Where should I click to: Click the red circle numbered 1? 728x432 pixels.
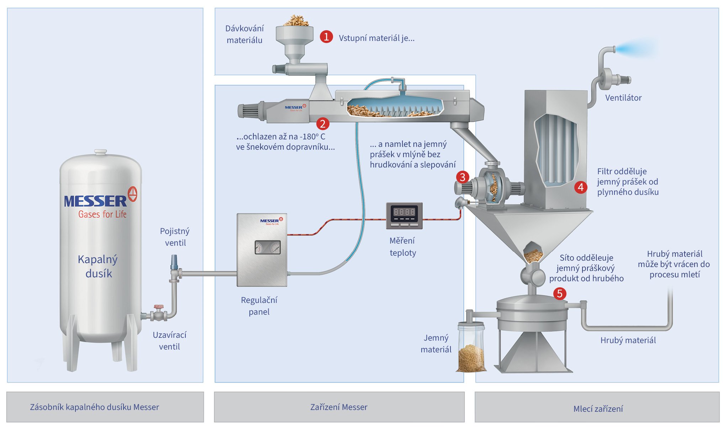click(x=326, y=37)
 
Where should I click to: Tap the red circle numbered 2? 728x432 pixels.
click(x=323, y=124)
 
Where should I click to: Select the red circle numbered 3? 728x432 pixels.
click(x=463, y=177)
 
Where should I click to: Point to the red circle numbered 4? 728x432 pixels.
click(x=581, y=187)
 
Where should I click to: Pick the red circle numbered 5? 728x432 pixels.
click(x=560, y=293)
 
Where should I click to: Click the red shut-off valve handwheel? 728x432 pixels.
click(x=158, y=307)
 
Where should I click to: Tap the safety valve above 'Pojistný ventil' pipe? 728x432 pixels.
click(x=174, y=262)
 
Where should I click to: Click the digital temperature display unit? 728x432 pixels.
click(x=404, y=215)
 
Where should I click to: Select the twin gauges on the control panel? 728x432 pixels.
click(x=268, y=247)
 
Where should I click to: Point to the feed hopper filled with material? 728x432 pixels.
click(x=295, y=32)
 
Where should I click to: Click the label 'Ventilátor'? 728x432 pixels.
click(x=623, y=98)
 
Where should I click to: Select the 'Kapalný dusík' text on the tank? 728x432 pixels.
click(x=98, y=266)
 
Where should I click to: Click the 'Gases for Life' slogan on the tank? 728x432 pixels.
click(x=102, y=214)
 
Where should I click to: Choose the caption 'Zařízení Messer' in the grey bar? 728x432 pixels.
click(x=339, y=407)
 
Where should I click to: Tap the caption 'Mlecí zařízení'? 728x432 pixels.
click(x=598, y=409)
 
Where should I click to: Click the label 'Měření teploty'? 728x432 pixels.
click(x=402, y=247)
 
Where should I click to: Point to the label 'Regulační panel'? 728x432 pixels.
click(x=259, y=306)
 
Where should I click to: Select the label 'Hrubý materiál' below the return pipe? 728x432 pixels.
click(x=628, y=340)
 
